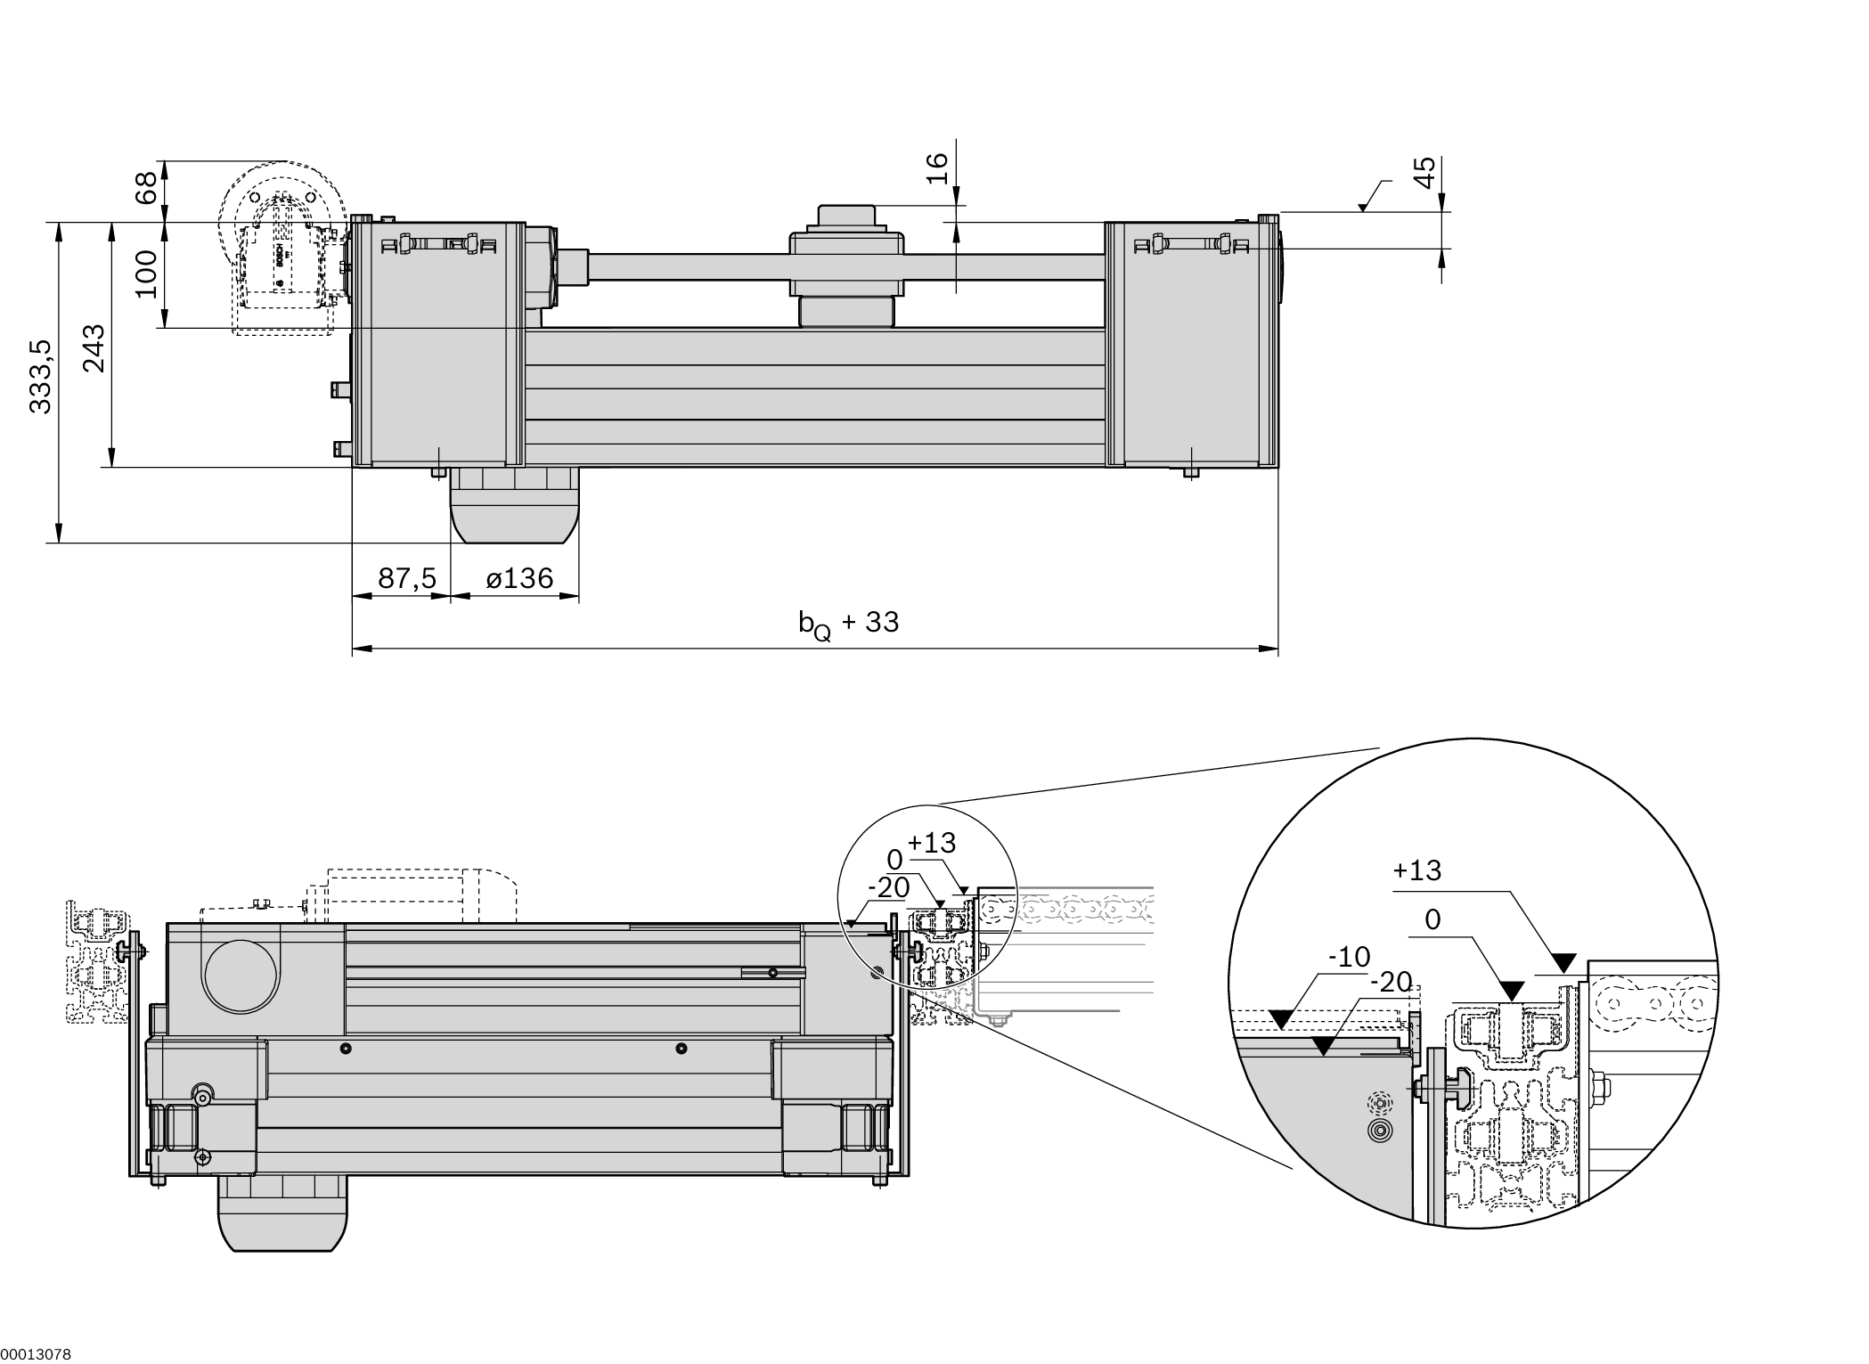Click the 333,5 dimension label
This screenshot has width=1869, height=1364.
pos(41,376)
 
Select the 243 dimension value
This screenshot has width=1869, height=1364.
pos(94,348)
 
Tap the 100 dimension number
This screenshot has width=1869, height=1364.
pos(146,274)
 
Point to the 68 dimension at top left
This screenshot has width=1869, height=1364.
pos(146,188)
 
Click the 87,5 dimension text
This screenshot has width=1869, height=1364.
pos(407,579)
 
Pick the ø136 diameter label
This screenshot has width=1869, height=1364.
pos(519,579)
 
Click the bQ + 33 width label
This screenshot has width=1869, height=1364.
pos(848,624)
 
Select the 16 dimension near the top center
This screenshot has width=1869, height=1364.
pos(937,167)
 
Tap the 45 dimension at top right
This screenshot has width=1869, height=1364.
pos(1425,172)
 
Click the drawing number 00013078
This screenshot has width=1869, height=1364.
pos(36,1355)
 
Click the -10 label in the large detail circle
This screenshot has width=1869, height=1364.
pos(1349,958)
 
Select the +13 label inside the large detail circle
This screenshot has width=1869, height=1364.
pos(1416,870)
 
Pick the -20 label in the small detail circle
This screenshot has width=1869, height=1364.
pos(888,887)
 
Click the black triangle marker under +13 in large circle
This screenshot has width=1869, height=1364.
pos(1564,962)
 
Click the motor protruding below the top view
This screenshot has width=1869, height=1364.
pos(514,505)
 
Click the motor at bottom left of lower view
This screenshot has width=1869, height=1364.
pos(282,1213)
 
